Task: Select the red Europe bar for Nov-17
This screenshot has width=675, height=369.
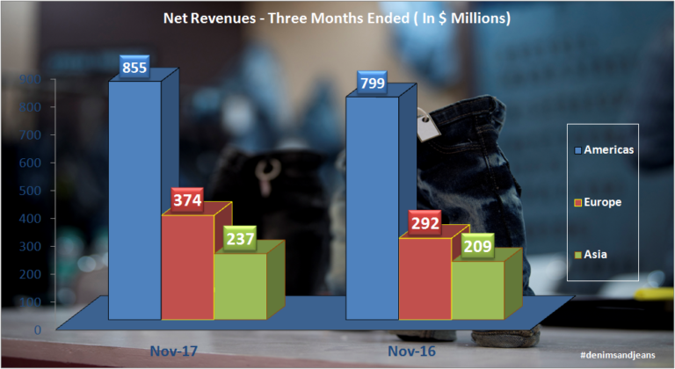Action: tap(187, 267)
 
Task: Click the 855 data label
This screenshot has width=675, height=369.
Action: tap(134, 67)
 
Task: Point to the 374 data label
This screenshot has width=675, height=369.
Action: tap(187, 201)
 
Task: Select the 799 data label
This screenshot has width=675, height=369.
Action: tap(373, 83)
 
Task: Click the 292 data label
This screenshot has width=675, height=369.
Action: tap(425, 223)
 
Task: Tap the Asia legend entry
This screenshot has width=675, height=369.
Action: tap(599, 255)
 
